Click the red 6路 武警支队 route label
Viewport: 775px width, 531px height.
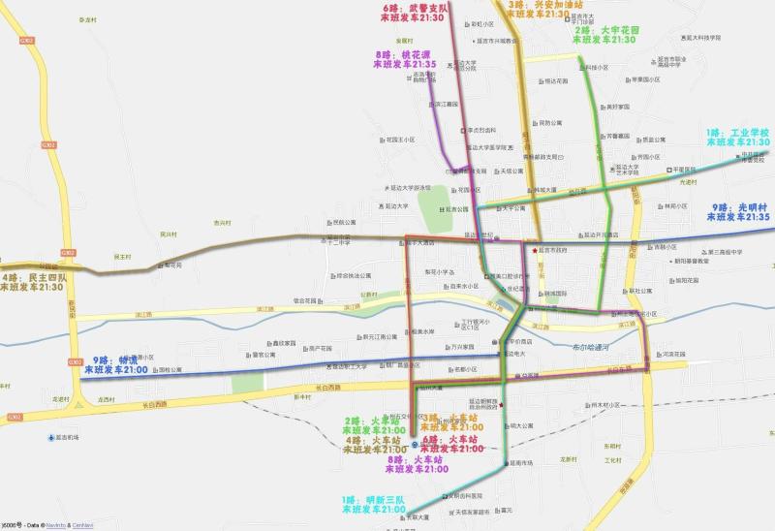[x=413, y=13]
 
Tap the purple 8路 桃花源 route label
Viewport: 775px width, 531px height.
[x=405, y=59]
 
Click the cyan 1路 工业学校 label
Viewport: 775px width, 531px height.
[x=737, y=137]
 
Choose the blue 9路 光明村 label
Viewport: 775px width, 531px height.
[x=740, y=212]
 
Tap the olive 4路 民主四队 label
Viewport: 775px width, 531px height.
[x=34, y=283]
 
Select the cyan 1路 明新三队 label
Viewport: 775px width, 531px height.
[x=373, y=504]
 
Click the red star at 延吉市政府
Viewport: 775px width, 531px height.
[x=533, y=250]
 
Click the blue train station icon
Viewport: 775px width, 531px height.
[x=414, y=433]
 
